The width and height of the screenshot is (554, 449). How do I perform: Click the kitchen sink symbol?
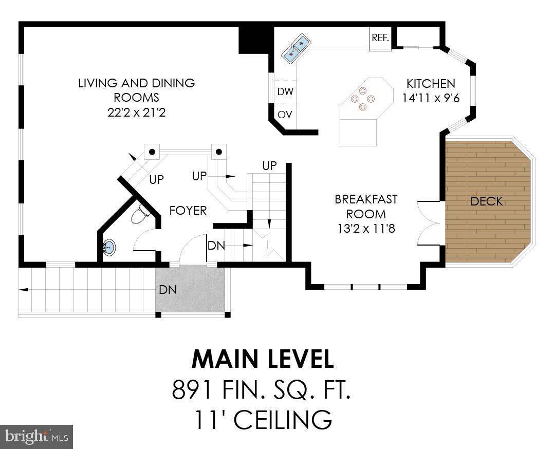tap(296, 48)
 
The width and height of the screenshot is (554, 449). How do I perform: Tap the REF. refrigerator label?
tap(380, 38)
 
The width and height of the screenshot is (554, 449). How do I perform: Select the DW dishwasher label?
tap(285, 92)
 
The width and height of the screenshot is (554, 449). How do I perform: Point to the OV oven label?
tap(285, 115)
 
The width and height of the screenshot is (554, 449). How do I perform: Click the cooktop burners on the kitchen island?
tap(363, 99)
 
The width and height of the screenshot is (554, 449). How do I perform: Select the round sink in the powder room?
tap(108, 248)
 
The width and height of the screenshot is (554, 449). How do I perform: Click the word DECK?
tap(486, 201)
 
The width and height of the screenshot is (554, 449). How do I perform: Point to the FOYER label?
tap(188, 210)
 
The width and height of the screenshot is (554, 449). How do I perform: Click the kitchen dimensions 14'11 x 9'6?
tap(431, 98)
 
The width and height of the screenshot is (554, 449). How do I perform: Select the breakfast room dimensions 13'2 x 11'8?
tap(366, 229)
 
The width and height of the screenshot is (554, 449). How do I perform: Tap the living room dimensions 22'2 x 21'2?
tap(137, 112)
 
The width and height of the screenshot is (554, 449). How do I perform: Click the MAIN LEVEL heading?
tap(263, 359)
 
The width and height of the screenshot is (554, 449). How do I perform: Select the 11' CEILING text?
tap(263, 420)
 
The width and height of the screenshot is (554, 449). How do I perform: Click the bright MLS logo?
tap(36, 437)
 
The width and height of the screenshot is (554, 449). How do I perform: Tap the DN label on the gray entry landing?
tap(168, 290)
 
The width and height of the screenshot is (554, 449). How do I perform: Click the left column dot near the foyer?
tap(152, 152)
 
